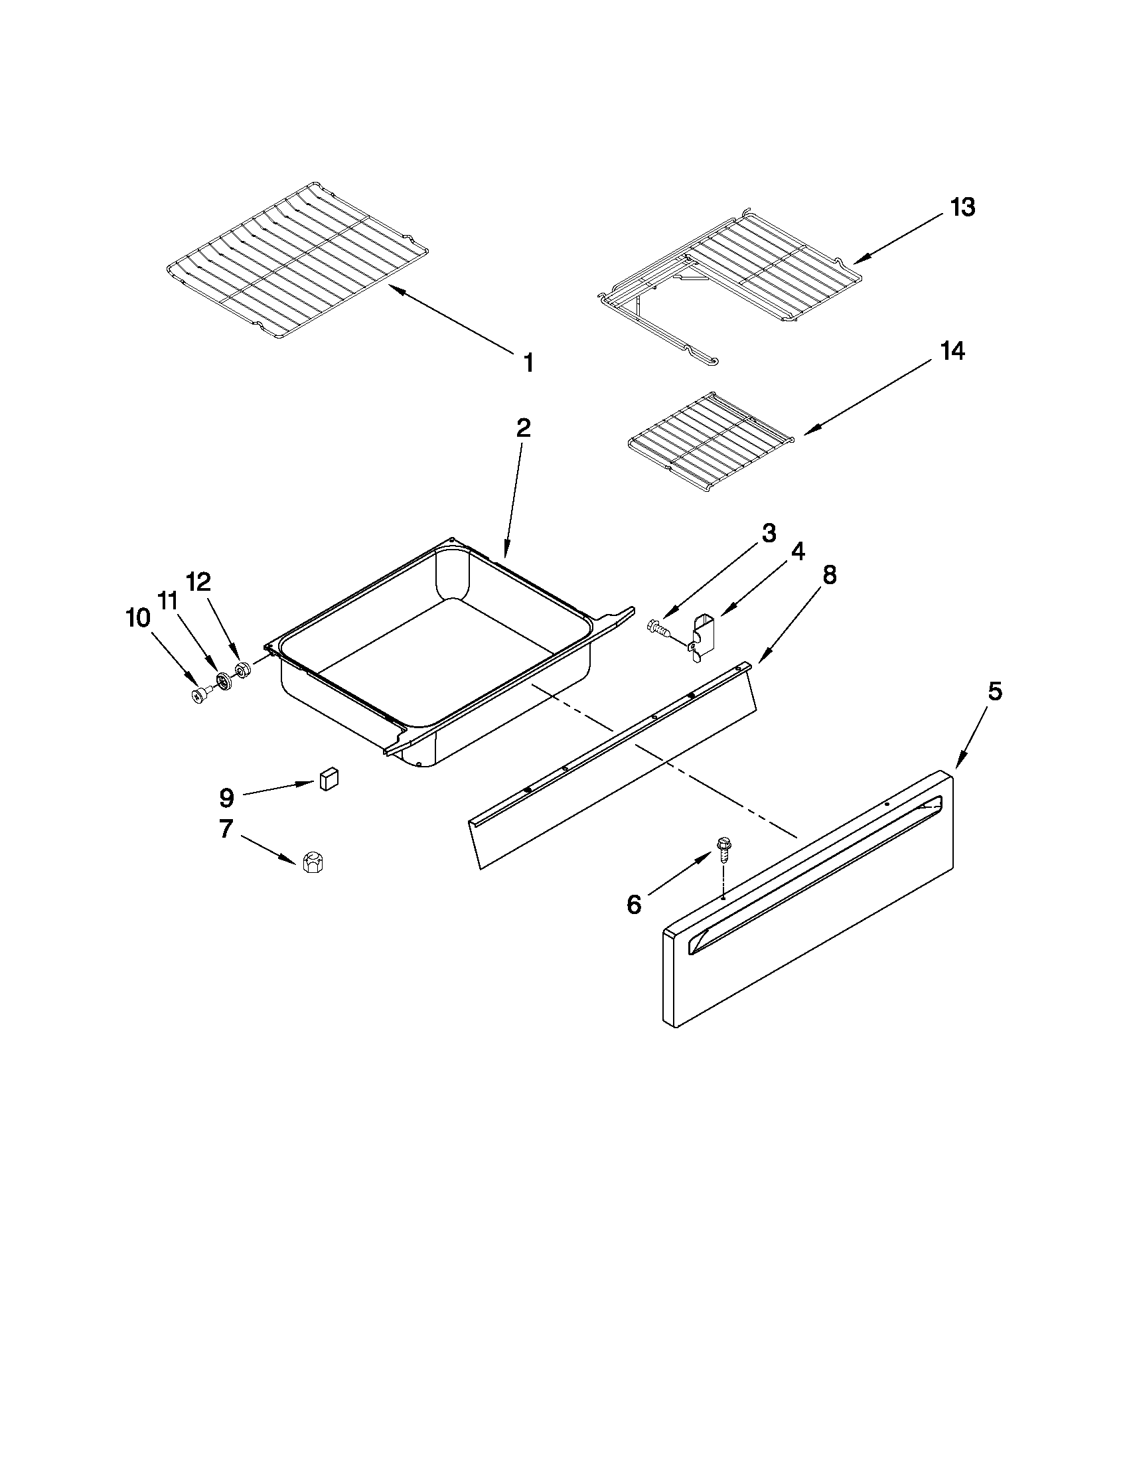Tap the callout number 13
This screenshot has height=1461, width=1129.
(x=963, y=207)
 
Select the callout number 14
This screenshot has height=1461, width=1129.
(x=953, y=350)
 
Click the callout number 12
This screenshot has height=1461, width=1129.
(x=198, y=581)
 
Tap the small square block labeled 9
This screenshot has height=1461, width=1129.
(x=329, y=779)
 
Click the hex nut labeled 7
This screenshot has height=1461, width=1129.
(x=311, y=862)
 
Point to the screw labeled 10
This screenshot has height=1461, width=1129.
(x=199, y=697)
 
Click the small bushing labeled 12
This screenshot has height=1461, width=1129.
(x=242, y=670)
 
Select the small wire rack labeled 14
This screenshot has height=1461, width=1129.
(x=709, y=445)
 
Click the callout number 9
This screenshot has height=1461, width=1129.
(x=226, y=797)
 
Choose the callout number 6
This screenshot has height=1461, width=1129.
(x=633, y=905)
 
